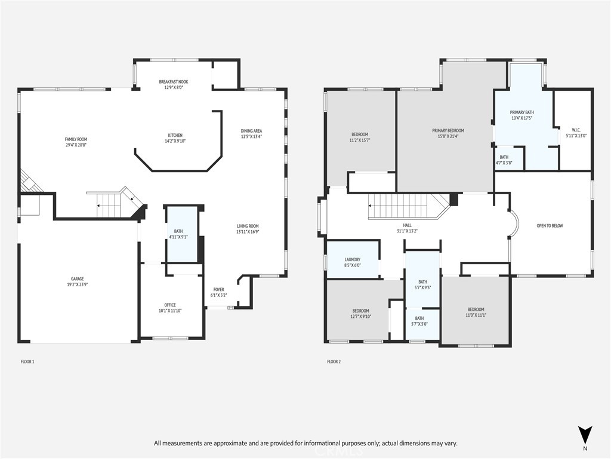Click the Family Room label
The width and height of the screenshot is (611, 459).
tap(76, 139)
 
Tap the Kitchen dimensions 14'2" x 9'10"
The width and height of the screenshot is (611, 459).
tap(175, 141)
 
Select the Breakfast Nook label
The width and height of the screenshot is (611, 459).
tap(174, 82)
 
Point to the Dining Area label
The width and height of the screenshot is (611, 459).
tap(251, 131)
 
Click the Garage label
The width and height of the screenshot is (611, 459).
tap(77, 279)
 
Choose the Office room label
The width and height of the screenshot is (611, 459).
tap(170, 305)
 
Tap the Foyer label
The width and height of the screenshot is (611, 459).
tap(218, 290)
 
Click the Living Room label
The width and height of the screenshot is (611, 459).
tap(248, 226)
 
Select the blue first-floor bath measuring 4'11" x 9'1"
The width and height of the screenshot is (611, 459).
tap(182, 234)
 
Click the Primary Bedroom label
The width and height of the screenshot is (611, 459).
tap(448, 131)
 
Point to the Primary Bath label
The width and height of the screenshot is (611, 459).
tap(521, 112)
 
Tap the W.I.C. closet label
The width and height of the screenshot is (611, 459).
tap(576, 130)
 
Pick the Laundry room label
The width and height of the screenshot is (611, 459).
tap(352, 259)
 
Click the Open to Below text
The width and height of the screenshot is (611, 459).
tap(550, 225)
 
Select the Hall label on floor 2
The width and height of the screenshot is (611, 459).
tap(407, 225)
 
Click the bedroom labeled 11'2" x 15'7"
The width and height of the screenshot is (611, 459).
tap(360, 137)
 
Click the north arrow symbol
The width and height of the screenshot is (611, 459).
tap(585, 435)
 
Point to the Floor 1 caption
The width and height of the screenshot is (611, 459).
tap(27, 362)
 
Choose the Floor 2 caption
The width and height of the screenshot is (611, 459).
tap(334, 362)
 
